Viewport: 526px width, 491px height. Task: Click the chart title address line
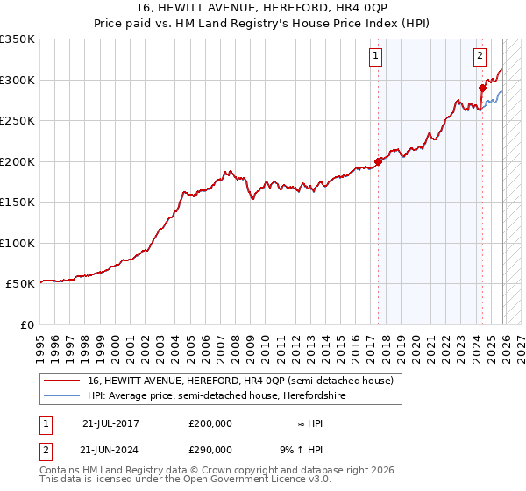[263, 7]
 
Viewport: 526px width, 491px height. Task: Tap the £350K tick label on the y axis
[18, 39]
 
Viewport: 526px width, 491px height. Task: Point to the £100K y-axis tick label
[18, 243]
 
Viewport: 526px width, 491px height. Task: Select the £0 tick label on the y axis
[27, 324]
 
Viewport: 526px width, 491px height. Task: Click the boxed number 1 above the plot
[376, 57]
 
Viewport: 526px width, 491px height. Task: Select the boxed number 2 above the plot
[480, 57]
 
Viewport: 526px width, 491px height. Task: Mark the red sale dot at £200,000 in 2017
[378, 161]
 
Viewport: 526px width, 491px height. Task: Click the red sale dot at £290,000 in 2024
[482, 88]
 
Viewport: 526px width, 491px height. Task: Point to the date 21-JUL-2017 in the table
[110, 423]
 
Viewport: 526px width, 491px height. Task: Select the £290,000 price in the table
[210, 448]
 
